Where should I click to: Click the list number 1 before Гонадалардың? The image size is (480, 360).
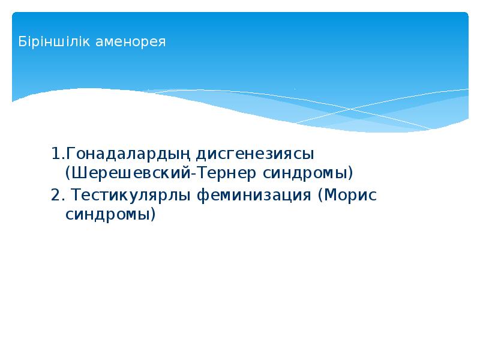click(x=55, y=154)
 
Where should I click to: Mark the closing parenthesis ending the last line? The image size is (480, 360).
click(x=152, y=215)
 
